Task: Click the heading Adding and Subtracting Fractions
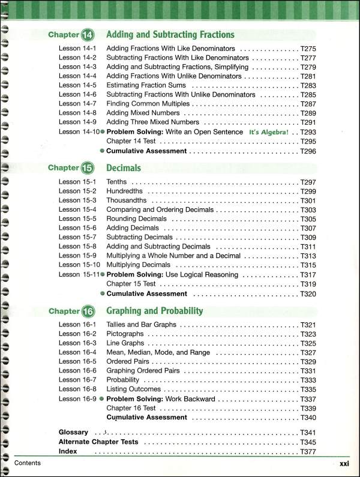click(170, 35)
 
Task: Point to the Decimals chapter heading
click(124, 168)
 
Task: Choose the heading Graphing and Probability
click(155, 311)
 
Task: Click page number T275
click(308, 47)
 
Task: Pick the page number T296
click(308, 151)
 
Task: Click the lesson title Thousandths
click(126, 200)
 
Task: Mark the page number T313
click(308, 256)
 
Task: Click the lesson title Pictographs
click(125, 334)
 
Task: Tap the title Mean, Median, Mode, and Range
click(158, 352)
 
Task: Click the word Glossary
click(73, 432)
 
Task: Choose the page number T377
click(308, 451)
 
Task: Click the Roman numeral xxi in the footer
click(344, 463)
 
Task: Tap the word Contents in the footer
click(28, 463)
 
